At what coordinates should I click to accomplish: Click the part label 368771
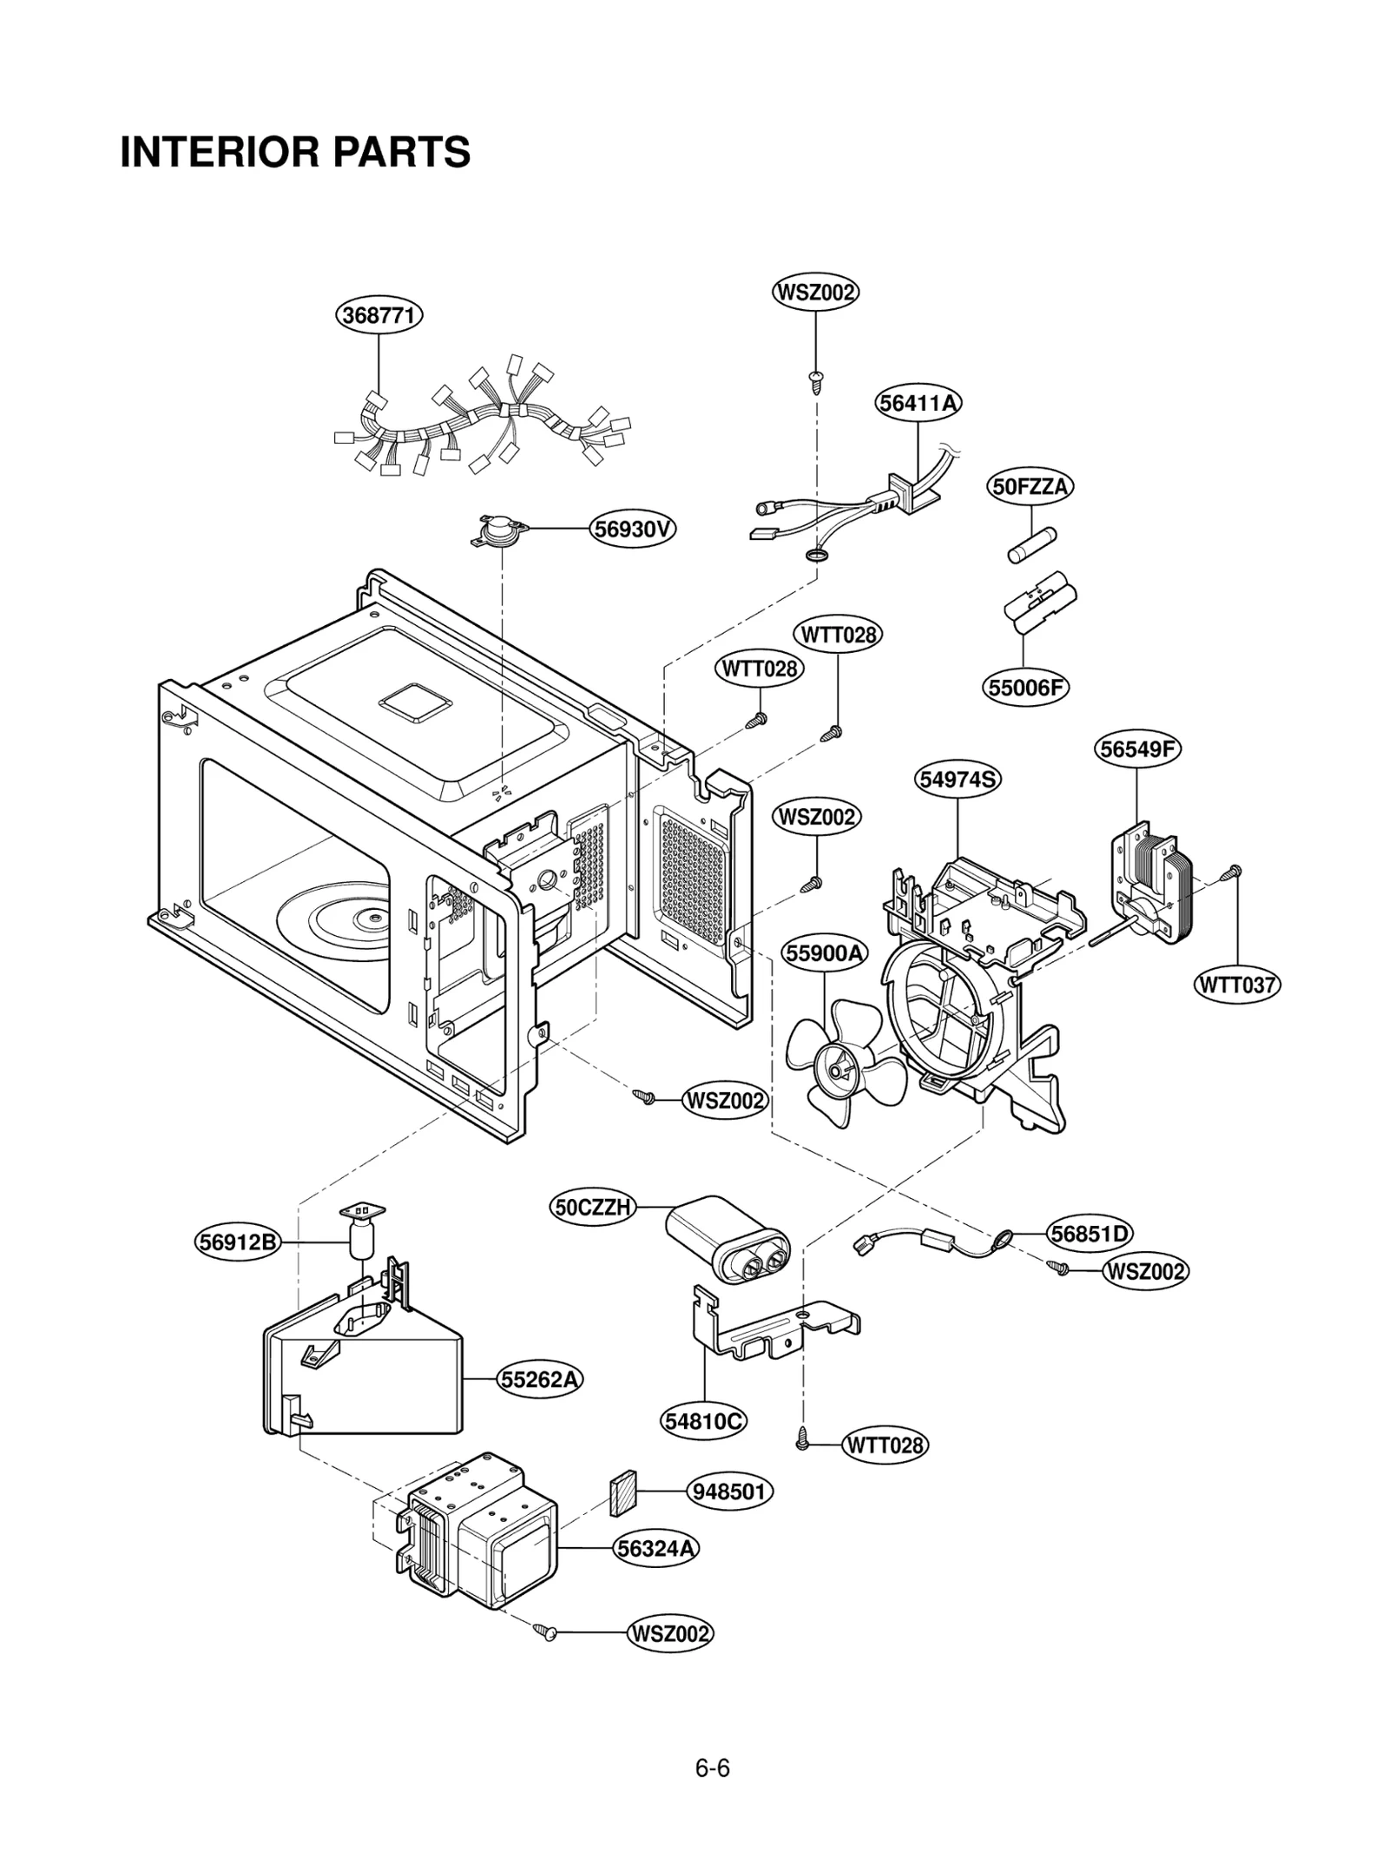tap(379, 314)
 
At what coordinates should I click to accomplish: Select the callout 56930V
tap(633, 529)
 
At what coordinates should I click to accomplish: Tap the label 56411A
tap(918, 403)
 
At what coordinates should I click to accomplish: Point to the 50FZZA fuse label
tap(1030, 486)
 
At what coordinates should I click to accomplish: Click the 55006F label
tap(1025, 688)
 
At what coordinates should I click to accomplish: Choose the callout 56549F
tap(1137, 748)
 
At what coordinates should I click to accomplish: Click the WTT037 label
tap(1237, 985)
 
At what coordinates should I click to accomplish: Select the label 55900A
tap(825, 953)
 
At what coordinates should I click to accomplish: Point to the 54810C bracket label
tap(704, 1421)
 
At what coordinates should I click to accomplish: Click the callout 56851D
tap(1090, 1233)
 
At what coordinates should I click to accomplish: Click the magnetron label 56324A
tap(656, 1548)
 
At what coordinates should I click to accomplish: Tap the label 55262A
tap(540, 1379)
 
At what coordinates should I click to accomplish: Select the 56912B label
tap(237, 1242)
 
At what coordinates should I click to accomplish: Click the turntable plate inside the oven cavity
tap(339, 922)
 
